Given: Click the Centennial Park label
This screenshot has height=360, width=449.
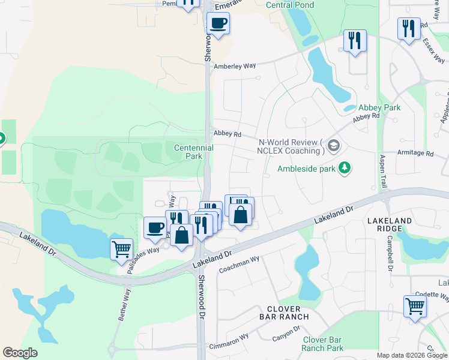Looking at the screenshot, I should [x=193, y=152].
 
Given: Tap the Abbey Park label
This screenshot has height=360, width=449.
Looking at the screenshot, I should [x=379, y=108].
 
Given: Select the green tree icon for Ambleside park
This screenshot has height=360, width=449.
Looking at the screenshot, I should [x=345, y=167].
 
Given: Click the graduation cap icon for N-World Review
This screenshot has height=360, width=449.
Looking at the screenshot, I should [x=334, y=146].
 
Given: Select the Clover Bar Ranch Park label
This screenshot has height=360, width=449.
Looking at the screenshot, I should [x=322, y=344].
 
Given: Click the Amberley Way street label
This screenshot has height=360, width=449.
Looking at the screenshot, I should [x=235, y=66].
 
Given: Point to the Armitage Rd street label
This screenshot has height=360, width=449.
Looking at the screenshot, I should [x=415, y=154].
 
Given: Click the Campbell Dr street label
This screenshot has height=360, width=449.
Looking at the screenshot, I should [x=390, y=253].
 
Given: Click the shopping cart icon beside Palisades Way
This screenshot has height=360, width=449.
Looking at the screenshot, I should [x=121, y=248].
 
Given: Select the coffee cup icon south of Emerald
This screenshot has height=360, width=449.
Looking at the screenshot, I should [x=218, y=23].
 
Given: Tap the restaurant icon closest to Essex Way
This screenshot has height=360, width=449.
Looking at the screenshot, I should [x=408, y=28].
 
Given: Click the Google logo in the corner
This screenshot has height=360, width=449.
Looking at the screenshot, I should [x=20, y=353].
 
